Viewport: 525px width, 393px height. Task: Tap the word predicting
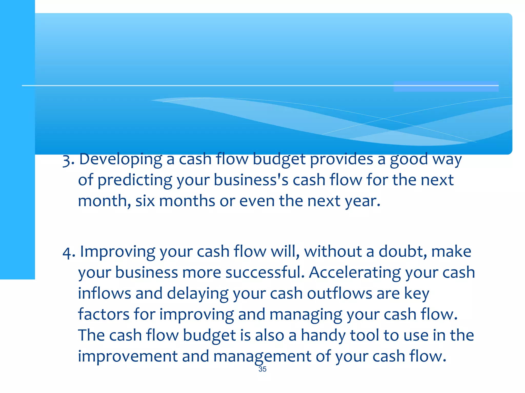tap(135, 180)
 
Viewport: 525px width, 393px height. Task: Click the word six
tap(145, 201)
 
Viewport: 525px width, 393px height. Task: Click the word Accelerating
tap(355, 273)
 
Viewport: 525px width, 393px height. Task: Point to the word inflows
tap(104, 293)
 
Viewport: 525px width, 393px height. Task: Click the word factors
tap(104, 314)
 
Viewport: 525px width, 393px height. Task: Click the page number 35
tap(262, 369)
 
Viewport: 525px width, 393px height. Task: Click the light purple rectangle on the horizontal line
tap(446, 86)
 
